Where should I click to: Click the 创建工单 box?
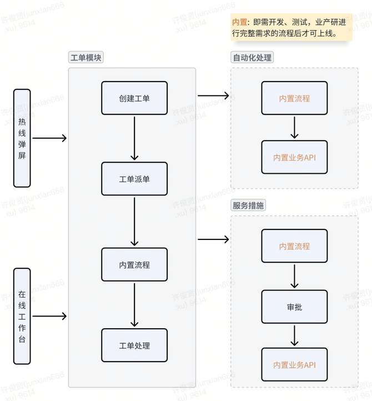point(134,98)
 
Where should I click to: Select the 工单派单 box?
point(134,179)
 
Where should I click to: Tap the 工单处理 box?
point(134,345)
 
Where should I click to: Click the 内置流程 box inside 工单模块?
point(134,264)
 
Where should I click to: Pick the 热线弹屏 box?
point(22,138)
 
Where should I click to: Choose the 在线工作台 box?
point(22,316)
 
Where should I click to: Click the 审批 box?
point(294,307)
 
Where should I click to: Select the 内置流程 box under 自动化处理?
point(294,98)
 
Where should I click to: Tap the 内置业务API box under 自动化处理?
point(294,157)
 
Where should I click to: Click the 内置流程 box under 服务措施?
point(294,246)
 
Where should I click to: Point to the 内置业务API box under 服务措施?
point(294,365)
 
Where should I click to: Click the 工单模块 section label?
point(86,57)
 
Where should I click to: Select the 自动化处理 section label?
point(253,57)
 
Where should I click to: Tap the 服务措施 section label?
point(248,205)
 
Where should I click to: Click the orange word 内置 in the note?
point(240,23)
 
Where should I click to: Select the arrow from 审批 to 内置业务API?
point(294,335)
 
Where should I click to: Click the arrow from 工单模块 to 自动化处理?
point(213,96)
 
